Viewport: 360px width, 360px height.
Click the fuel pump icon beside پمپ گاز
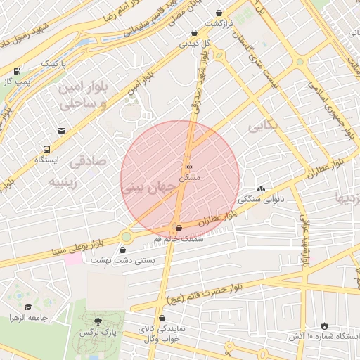16,71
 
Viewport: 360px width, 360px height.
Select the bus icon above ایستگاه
46,149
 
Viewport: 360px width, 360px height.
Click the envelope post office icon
62,131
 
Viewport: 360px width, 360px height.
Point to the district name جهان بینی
146,188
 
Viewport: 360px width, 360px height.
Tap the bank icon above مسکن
188,167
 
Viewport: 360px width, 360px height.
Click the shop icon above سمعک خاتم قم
178,228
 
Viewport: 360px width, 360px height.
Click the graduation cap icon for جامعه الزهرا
28,307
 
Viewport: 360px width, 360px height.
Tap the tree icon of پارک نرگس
98,320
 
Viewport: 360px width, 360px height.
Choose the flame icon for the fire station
324,326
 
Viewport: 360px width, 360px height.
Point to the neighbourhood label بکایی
264,126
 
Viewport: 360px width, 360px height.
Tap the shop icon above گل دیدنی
194,32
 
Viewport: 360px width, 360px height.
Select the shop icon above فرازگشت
220,13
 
